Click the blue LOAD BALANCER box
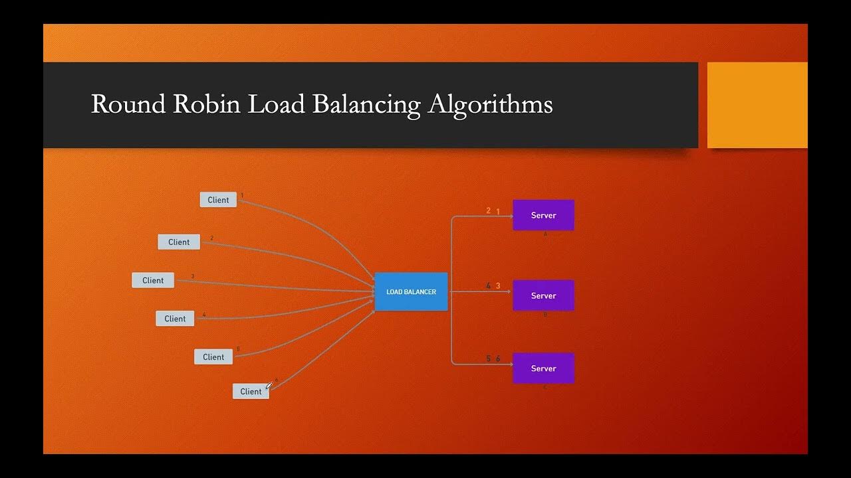coord(411,291)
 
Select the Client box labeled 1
coord(218,200)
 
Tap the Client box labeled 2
coord(179,242)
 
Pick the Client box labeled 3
coord(153,280)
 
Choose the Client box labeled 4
coord(175,319)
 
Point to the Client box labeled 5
coord(213,357)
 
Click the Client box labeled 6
coord(251,392)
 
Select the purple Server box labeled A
coord(543,215)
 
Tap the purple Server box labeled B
coord(543,295)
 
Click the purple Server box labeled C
coord(543,368)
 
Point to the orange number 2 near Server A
coord(488,211)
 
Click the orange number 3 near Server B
coord(498,286)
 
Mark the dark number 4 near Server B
coord(488,286)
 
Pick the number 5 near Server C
coord(488,359)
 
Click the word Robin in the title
coord(206,104)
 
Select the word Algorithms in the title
coord(490,105)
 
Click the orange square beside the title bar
coord(757,105)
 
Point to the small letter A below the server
coord(545,234)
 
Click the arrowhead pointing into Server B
coord(509,291)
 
